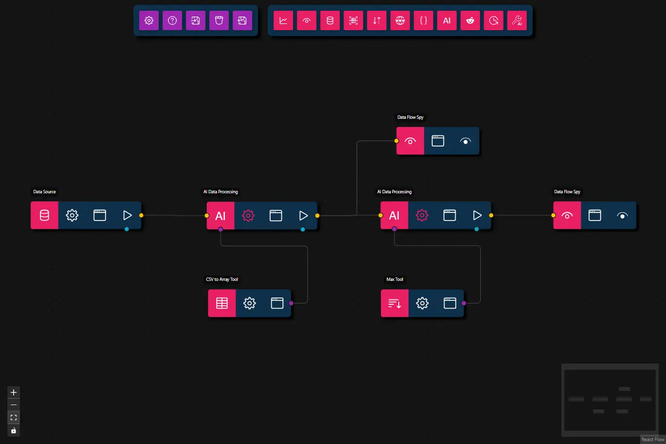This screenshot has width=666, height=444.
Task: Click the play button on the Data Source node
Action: click(x=128, y=215)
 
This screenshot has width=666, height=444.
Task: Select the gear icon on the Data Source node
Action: click(x=72, y=215)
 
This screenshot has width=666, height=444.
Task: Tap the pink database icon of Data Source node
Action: click(x=44, y=215)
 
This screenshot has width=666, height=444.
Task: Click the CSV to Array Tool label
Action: click(x=222, y=279)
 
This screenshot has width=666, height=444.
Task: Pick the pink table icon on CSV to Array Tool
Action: click(x=222, y=303)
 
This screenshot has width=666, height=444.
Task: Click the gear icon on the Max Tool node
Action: click(x=422, y=303)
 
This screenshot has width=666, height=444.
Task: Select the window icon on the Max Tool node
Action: click(x=450, y=303)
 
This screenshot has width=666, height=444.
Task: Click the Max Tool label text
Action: click(x=394, y=279)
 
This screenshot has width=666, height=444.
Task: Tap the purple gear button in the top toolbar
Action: click(x=149, y=20)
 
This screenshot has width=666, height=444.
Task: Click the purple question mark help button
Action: click(x=172, y=20)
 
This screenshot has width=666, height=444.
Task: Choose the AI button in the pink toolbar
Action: click(x=447, y=20)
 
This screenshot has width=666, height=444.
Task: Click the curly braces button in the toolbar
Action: click(x=424, y=20)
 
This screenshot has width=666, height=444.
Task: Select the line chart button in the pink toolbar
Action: click(x=283, y=20)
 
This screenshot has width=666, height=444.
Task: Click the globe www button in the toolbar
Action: click(x=400, y=20)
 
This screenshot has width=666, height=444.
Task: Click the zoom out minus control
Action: click(x=14, y=405)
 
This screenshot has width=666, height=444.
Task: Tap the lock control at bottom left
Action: click(x=14, y=430)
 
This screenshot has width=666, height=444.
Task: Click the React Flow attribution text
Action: click(x=652, y=440)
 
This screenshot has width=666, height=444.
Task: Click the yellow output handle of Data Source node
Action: click(x=141, y=215)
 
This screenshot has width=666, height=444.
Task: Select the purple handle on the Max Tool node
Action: click(x=464, y=303)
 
